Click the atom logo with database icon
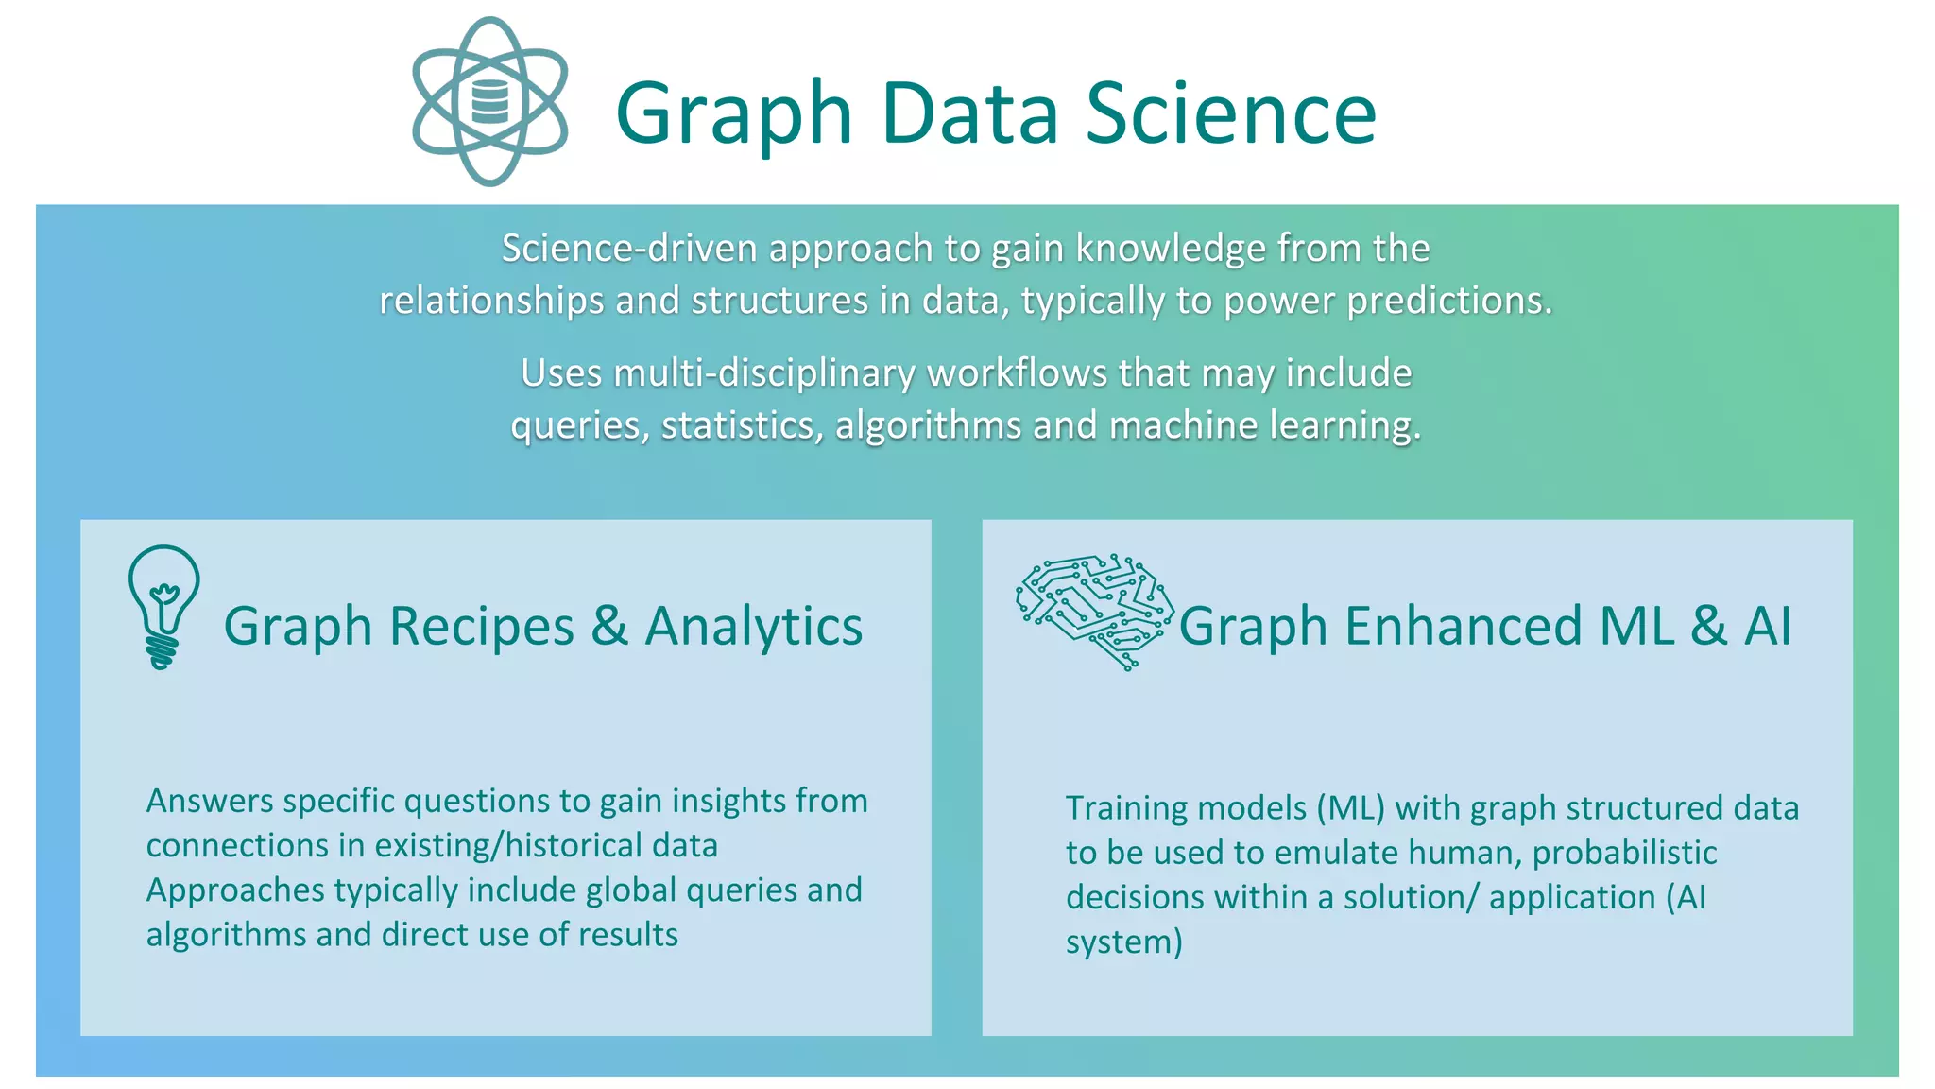[x=489, y=101]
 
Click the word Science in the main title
[x=1230, y=113]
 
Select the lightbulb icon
[x=163, y=606]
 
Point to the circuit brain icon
[x=1095, y=611]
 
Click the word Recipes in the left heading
[x=481, y=627]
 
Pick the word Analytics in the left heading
[x=753, y=627]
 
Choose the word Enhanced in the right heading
[x=1463, y=627]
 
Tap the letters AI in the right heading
[x=1767, y=627]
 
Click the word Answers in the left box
[x=210, y=802]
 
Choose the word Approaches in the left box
[x=235, y=890]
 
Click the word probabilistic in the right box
[x=1624, y=854]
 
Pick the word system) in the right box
[x=1123, y=942]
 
